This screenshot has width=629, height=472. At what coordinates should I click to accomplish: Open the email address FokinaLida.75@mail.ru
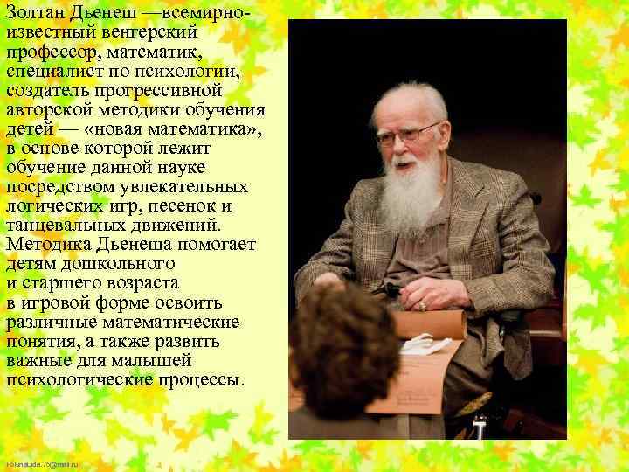[x=42, y=462]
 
